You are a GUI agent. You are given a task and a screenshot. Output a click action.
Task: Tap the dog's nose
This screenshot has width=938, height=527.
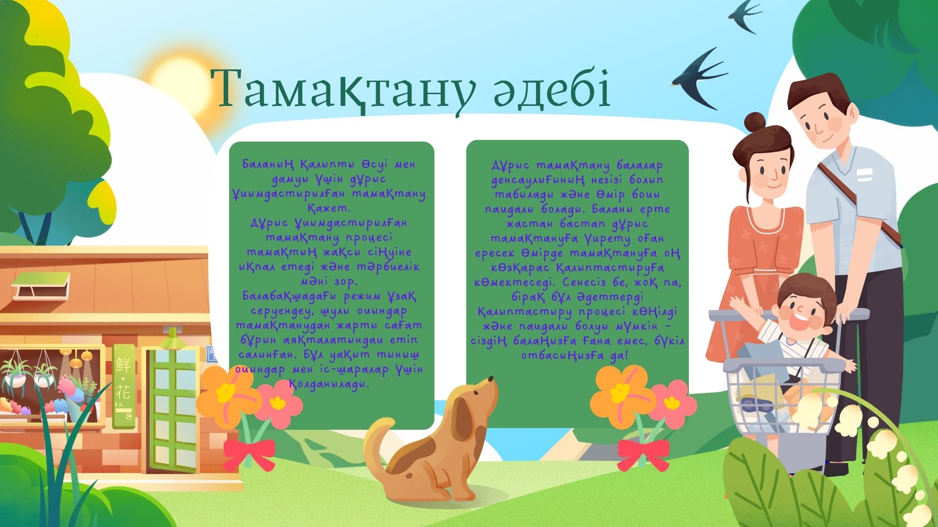click(x=490, y=380)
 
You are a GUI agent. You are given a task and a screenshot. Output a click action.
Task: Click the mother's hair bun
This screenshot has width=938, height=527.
click(x=756, y=122)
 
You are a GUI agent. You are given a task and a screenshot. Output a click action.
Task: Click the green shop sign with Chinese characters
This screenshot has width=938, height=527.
click(x=124, y=385)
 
